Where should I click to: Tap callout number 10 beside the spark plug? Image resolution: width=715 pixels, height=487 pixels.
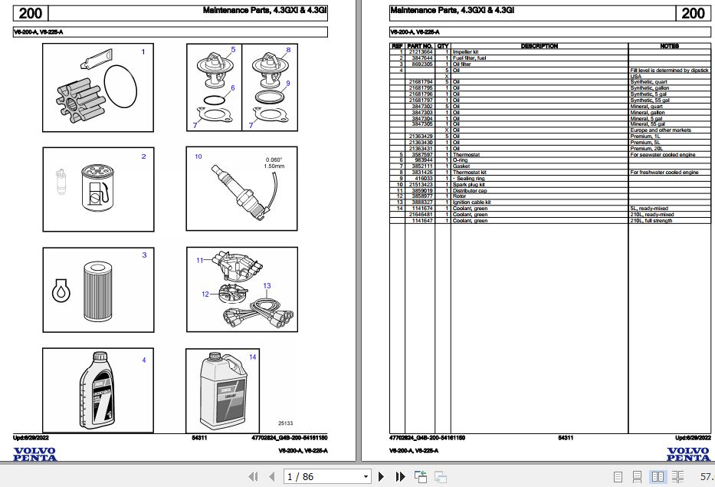click(198, 156)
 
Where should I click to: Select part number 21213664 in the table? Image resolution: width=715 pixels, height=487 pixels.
click(421, 52)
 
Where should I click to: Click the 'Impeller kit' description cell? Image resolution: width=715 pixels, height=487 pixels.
click(468, 52)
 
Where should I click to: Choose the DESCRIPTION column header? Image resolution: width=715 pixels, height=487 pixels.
click(539, 46)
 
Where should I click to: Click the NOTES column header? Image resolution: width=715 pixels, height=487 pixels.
click(669, 46)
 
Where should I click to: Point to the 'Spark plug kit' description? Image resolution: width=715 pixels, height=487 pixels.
click(469, 185)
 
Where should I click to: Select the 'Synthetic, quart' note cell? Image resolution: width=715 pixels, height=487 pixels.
click(649, 81)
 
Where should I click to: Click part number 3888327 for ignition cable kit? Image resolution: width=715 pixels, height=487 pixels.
click(421, 202)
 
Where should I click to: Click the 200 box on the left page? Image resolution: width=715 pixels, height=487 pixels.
click(31, 13)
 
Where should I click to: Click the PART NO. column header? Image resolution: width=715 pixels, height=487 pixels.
click(421, 46)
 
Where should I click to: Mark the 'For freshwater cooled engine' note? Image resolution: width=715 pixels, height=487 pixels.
click(664, 173)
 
